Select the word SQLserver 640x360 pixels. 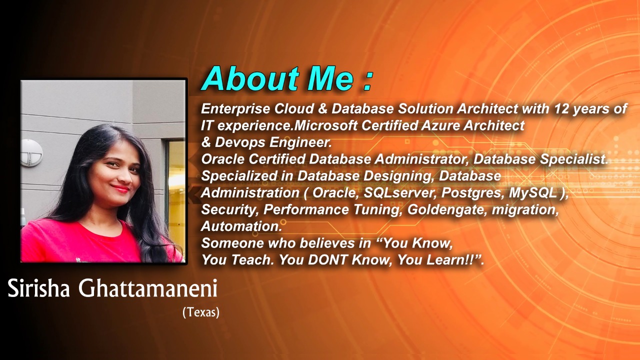pyautogui.click(x=400, y=193)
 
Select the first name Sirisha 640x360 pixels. pyautogui.click(x=39, y=288)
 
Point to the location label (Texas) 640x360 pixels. pyautogui.click(x=201, y=312)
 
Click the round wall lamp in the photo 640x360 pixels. pyautogui.click(x=31, y=152)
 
